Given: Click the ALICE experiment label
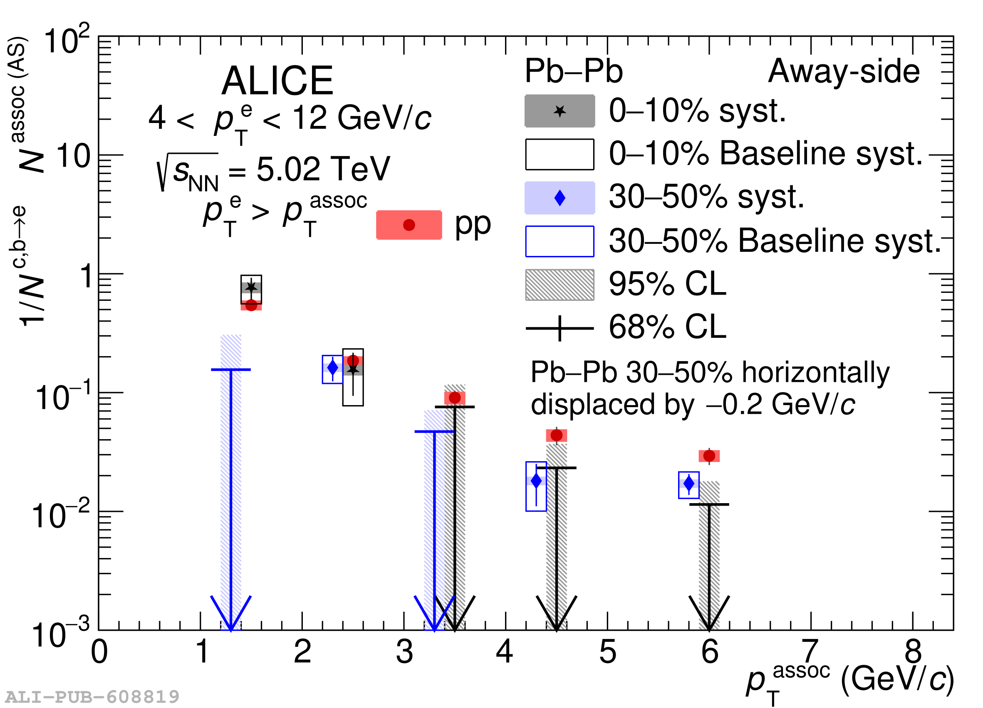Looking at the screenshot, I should pyautogui.click(x=277, y=81).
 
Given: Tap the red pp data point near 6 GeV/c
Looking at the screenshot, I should pyautogui.click(x=709, y=455).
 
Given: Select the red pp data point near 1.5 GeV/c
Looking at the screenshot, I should pyautogui.click(x=251, y=305).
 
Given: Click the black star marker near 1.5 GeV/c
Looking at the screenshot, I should pyautogui.click(x=251, y=287).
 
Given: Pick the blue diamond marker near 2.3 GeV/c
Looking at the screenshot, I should pyautogui.click(x=332, y=368).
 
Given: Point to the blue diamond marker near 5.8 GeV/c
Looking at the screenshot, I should pyautogui.click(x=689, y=483).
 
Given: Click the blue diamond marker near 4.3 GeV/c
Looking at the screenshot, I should pyautogui.click(x=536, y=481).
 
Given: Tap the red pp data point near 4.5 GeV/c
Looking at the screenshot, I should pyautogui.click(x=557, y=435).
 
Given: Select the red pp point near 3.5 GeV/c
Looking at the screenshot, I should pyautogui.click(x=455, y=398).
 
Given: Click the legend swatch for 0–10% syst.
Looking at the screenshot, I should pyautogui.click(x=560, y=111).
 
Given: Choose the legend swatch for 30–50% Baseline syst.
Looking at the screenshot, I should pyautogui.click(x=560, y=241).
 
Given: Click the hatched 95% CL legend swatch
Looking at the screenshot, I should pyautogui.click(x=560, y=285).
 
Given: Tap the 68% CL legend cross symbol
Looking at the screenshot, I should pyautogui.click(x=560, y=328).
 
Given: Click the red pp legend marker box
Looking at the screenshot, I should pyautogui.click(x=409, y=225).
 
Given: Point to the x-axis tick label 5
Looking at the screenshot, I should pyautogui.click(x=608, y=652).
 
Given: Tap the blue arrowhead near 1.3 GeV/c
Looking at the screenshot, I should pyautogui.click(x=231, y=615).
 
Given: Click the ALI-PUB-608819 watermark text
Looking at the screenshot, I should pyautogui.click(x=92, y=697).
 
